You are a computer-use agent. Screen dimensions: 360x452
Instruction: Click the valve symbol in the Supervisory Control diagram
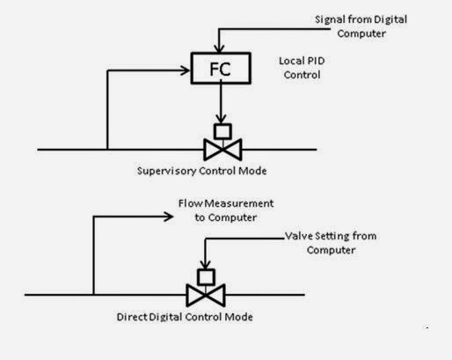(221, 149)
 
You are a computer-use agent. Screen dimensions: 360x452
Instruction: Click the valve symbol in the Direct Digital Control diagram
(206, 295)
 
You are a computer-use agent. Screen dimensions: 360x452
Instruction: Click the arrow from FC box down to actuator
(221, 104)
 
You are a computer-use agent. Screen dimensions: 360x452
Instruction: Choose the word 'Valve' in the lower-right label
(298, 238)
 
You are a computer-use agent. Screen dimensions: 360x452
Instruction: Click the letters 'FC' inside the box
(220, 69)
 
